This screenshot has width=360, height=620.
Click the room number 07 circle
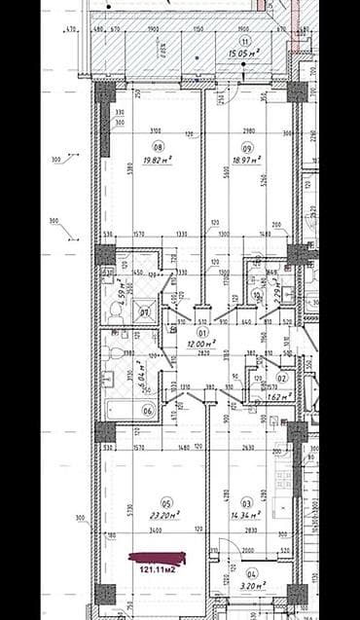[x=143, y=312]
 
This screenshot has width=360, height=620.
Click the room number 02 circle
[x=282, y=378]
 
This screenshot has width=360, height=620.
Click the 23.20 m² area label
[x=162, y=515]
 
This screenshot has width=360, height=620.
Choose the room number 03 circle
[x=248, y=504]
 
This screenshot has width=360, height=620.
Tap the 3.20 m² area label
[x=249, y=589]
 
